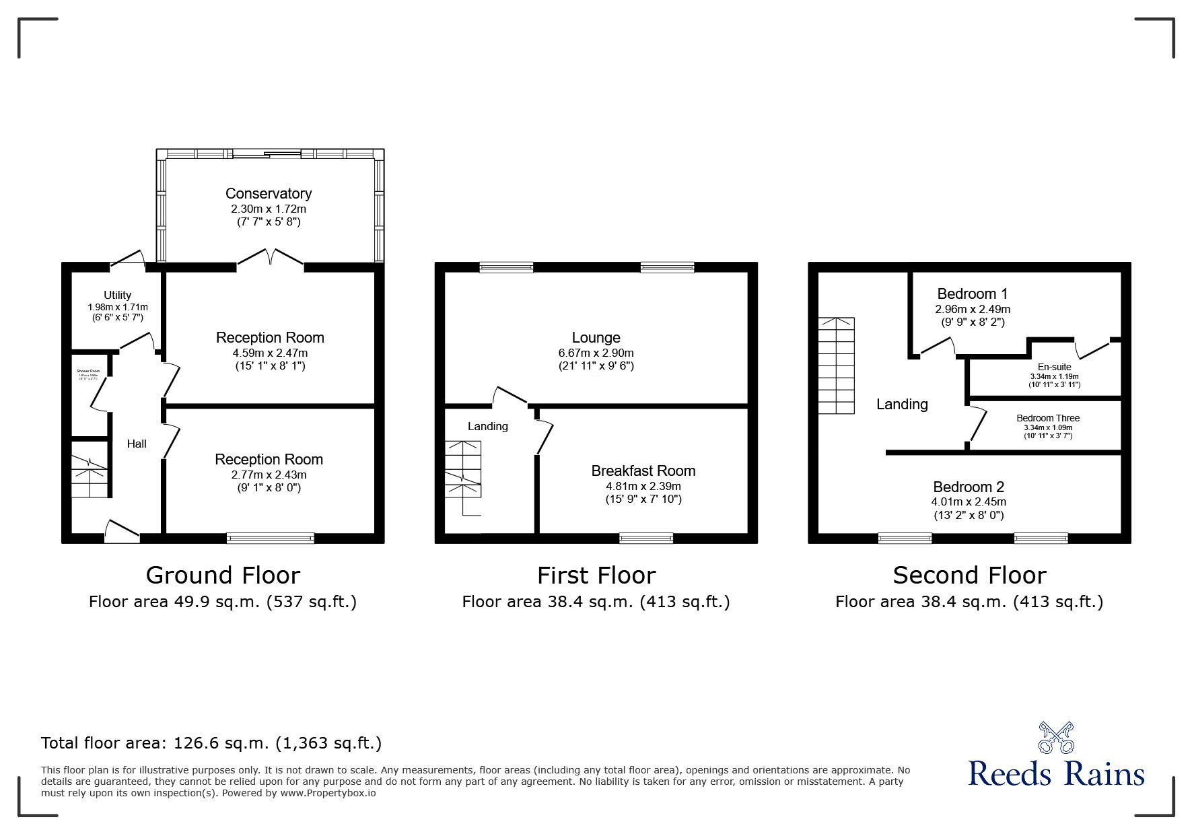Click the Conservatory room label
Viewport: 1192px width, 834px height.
click(x=269, y=194)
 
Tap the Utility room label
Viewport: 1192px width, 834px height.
click(x=117, y=295)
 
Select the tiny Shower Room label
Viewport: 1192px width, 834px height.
click(x=88, y=372)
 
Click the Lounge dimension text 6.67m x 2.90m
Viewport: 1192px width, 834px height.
click(x=596, y=353)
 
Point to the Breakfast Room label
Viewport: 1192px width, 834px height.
click(x=643, y=471)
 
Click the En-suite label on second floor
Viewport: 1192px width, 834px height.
click(x=1054, y=367)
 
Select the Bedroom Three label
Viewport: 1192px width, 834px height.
click(x=1047, y=418)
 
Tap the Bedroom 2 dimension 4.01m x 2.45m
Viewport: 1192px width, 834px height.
click(x=969, y=501)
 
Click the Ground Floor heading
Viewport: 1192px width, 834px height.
click(x=223, y=576)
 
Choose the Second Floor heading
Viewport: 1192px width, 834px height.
click(x=969, y=576)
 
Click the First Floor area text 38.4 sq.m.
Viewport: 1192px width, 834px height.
click(x=596, y=602)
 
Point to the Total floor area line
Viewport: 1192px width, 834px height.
click(x=211, y=743)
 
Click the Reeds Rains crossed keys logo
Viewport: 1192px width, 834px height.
click(x=1056, y=738)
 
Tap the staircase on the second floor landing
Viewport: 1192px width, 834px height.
click(x=836, y=366)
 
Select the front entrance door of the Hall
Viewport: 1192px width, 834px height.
click(x=122, y=531)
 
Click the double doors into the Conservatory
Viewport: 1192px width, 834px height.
click(x=270, y=258)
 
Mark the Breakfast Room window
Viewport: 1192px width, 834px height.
click(x=645, y=537)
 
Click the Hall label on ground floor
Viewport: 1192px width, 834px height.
click(x=137, y=444)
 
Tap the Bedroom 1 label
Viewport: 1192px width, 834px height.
click(x=972, y=294)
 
